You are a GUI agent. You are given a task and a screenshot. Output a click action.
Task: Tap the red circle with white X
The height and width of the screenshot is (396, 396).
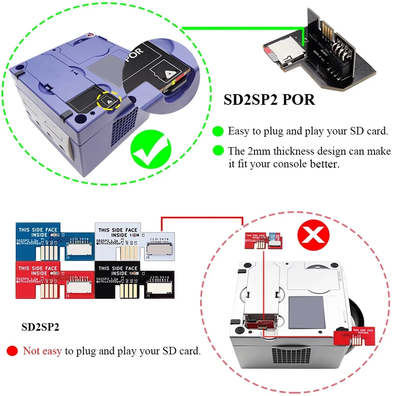(x=313, y=236)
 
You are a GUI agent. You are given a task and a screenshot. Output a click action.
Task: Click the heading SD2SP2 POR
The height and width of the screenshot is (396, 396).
(x=269, y=100)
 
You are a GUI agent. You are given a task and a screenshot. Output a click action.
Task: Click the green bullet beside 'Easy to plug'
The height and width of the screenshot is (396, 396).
(x=218, y=131)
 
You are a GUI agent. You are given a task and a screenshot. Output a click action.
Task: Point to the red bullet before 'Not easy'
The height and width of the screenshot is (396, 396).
(x=12, y=351)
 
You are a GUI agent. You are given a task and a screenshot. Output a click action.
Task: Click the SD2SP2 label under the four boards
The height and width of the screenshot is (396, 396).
(x=40, y=327)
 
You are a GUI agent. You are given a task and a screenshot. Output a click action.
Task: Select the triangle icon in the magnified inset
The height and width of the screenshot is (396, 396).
(x=169, y=74)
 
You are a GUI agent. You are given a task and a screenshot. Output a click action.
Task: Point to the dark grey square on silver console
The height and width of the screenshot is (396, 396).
(x=307, y=312)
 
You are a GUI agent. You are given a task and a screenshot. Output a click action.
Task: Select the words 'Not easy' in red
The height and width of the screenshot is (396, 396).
(x=42, y=351)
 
